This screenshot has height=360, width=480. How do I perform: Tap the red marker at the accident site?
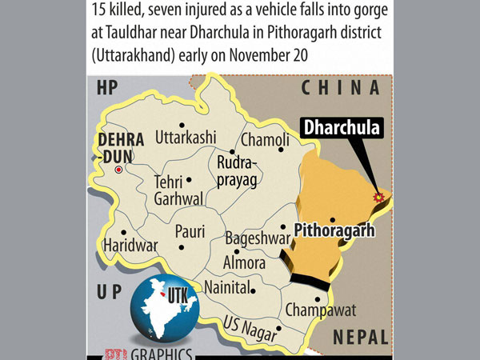pos(378,197)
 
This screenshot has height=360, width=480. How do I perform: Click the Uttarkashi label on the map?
pos(186,137)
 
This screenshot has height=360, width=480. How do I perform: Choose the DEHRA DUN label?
pos(120,148)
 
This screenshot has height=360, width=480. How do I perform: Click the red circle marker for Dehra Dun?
pos(119,170)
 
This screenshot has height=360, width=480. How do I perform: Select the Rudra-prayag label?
pos(237,172)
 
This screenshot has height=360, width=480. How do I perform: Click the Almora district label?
pos(245,262)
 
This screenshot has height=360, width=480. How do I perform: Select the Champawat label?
pos(320,310)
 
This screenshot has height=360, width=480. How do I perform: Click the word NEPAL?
pos(359,336)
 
